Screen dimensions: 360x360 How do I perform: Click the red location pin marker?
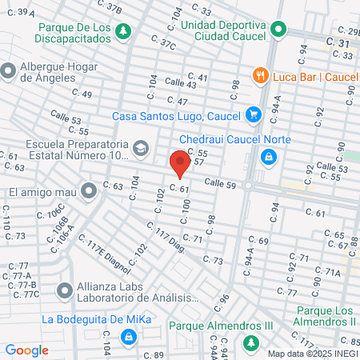click(x=180, y=164)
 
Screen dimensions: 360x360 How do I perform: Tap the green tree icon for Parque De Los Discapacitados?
click(x=123, y=31)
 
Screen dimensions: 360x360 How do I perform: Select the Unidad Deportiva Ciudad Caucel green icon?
click(x=278, y=31)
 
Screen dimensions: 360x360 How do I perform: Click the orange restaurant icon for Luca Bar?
click(x=260, y=76)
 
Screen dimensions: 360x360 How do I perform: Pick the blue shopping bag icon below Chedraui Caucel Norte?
click(x=266, y=156)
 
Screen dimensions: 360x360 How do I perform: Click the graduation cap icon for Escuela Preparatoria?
click(x=141, y=147)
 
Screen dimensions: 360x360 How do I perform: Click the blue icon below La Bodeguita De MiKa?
click(x=126, y=337)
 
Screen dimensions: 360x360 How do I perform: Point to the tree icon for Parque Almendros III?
click(x=251, y=342)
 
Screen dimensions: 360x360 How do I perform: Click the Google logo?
click(x=26, y=350)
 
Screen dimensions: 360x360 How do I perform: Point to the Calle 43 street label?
click(x=180, y=83)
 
